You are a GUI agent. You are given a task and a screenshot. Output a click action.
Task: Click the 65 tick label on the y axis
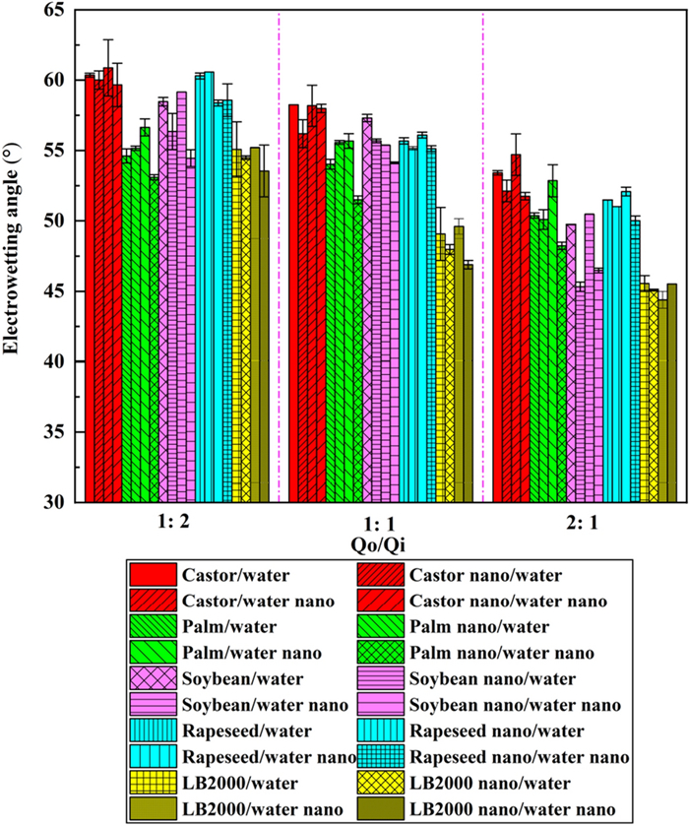click(x=51, y=10)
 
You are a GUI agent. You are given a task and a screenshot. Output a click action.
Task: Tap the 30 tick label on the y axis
click(x=51, y=503)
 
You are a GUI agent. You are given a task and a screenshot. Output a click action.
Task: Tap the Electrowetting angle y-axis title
click(x=17, y=258)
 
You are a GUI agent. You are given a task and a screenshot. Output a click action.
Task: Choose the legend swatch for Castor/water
click(x=152, y=575)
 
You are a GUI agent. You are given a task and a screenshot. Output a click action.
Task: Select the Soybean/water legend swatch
click(x=152, y=678)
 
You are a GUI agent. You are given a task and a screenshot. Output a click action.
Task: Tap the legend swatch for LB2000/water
click(x=152, y=782)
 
